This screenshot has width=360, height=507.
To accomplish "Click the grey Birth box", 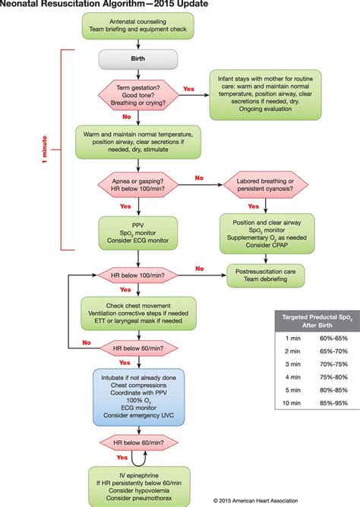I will (138, 59).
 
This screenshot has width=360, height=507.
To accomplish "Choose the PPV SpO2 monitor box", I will (138, 232).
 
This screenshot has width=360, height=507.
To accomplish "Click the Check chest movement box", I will (138, 310).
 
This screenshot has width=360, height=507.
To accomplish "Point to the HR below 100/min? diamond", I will (138, 275).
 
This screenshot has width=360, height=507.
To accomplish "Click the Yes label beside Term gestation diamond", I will (188, 89).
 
